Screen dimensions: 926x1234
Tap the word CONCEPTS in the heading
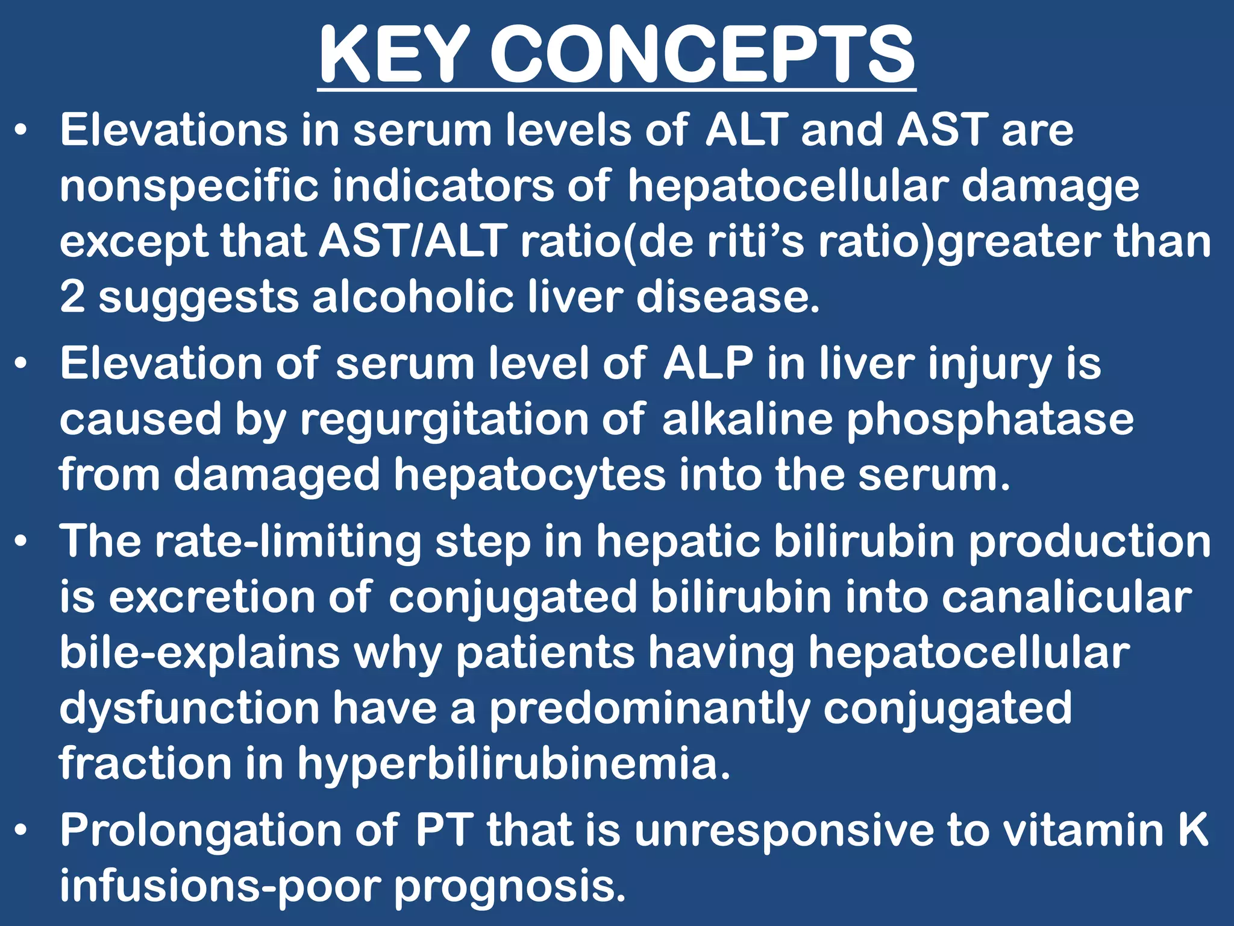703,55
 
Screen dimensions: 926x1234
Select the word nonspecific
189,186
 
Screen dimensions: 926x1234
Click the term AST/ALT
413,241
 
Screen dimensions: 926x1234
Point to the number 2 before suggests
72,297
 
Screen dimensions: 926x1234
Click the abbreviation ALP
708,364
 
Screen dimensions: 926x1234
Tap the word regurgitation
445,420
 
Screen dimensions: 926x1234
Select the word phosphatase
990,420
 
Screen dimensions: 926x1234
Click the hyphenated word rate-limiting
288,541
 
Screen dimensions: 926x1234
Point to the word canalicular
1066,597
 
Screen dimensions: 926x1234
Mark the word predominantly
649,708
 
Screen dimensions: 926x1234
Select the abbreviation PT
443,830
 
